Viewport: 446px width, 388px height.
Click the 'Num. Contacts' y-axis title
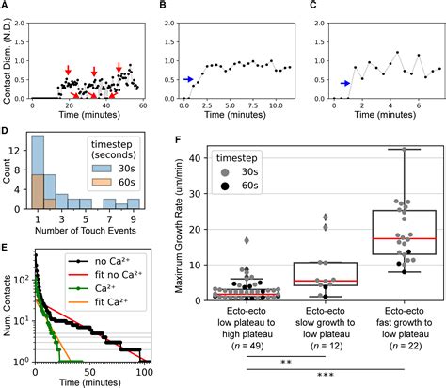click(x=8, y=307)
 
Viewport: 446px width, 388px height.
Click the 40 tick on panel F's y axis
click(x=196, y=157)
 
